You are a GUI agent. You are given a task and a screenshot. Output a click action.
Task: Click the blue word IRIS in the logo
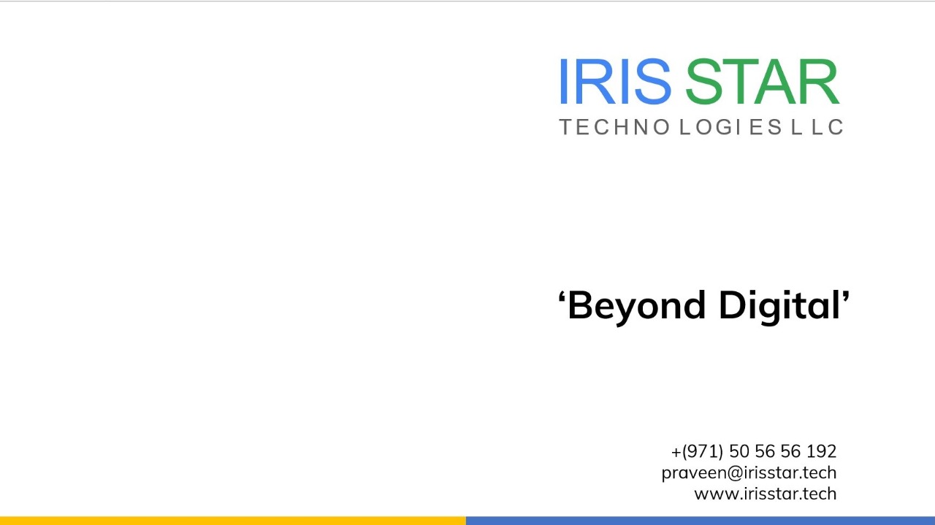[x=615, y=81]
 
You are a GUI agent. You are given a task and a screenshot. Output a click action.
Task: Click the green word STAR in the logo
[x=762, y=81]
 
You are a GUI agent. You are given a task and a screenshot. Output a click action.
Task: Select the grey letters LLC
[x=817, y=127]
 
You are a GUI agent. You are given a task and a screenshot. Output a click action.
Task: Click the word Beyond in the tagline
[x=636, y=307]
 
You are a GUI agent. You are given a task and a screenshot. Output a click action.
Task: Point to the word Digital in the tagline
[x=779, y=307]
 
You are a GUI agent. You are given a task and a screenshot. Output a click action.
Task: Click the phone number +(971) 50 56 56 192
[x=754, y=451]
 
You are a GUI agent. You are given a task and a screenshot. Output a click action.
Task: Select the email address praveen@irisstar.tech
[x=749, y=473]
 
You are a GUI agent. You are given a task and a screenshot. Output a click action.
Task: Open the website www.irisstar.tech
[x=766, y=494]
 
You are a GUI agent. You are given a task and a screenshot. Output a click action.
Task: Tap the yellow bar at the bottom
[x=233, y=521]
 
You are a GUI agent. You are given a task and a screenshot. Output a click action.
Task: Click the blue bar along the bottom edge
[x=701, y=521]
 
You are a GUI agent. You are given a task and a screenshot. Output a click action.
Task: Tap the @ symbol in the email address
[x=736, y=473]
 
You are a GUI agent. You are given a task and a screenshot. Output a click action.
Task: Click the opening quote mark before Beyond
[x=562, y=297]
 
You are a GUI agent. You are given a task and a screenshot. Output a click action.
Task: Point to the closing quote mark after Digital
[x=846, y=297]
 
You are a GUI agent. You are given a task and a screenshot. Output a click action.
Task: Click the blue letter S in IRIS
[x=652, y=81]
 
